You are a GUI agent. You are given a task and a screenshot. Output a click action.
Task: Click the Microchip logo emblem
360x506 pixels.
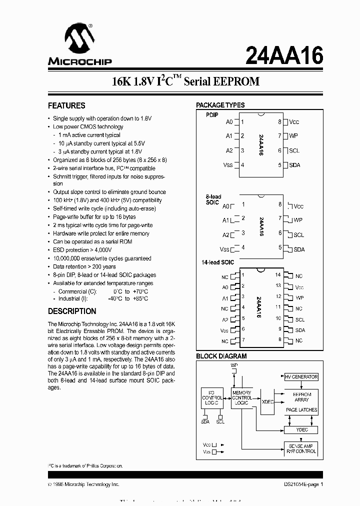click(76, 39)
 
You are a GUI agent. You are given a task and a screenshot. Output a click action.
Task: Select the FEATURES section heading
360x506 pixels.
click(66, 105)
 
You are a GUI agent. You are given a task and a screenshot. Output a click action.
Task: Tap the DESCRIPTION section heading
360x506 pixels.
click(72, 311)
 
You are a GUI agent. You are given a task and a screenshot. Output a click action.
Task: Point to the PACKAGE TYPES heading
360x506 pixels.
click(220, 105)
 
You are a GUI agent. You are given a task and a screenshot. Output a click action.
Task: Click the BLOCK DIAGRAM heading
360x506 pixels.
click(221, 356)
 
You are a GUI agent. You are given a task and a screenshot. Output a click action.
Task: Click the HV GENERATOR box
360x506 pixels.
click(301, 377)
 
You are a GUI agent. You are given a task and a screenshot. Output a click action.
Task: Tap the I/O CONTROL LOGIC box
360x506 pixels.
click(212, 398)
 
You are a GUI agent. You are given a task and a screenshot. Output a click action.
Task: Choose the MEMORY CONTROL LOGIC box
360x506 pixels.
click(242, 398)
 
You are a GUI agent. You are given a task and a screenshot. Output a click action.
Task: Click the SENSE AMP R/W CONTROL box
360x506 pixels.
click(301, 448)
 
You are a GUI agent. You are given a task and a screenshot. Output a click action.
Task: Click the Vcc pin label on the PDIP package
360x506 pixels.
click(294, 122)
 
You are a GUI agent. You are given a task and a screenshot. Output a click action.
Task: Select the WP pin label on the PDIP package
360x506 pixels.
click(293, 136)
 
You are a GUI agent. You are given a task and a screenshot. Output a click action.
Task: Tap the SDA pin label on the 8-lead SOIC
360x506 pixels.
click(298, 249)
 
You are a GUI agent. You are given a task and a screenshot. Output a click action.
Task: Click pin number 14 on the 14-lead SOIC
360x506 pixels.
click(278, 275)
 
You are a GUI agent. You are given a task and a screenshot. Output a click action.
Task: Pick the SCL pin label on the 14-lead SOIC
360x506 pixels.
click(299, 319)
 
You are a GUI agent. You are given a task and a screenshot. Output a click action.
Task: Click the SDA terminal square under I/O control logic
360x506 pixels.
click(205, 415)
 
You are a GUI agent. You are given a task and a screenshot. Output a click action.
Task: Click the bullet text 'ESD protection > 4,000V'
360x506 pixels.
click(82, 249)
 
